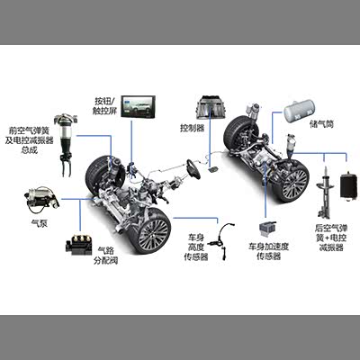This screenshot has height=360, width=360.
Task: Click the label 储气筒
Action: [321, 123]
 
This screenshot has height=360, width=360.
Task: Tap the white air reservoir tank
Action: [300, 111]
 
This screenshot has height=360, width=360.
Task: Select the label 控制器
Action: [192, 128]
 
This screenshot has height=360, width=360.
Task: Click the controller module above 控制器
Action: [211, 106]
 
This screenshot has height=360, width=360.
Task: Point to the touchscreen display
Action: [139, 106]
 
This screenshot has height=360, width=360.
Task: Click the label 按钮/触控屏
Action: [105, 105]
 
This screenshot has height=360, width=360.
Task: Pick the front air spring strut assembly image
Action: [65, 145]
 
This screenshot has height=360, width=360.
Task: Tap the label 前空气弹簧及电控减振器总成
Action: [29, 139]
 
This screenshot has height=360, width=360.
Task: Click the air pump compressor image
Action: [41, 200]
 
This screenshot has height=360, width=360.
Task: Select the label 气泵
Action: [40, 223]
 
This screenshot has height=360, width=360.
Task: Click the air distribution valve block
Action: [78, 245]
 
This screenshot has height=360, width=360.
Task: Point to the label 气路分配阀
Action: [105, 255]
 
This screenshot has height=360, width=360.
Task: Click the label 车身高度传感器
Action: [196, 247]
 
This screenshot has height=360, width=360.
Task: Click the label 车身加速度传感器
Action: [268, 251]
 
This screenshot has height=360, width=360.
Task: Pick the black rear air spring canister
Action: [348, 185]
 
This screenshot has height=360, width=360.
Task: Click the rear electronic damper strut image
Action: [324, 194]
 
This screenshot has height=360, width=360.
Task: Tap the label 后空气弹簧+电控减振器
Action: [331, 238]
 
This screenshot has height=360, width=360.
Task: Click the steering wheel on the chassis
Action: [193, 169]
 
